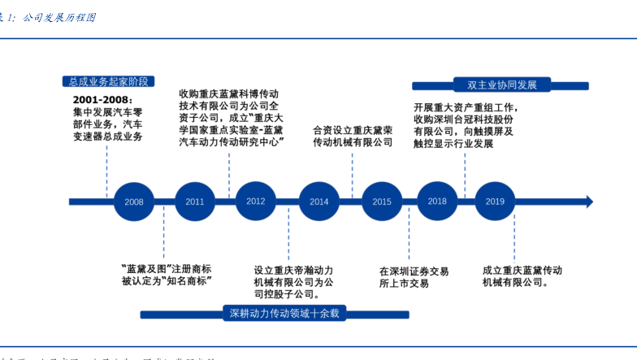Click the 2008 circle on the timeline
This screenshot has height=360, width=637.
tap(134, 202)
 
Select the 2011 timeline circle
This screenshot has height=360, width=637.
tap(195, 202)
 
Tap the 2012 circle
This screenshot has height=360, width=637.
tap(256, 202)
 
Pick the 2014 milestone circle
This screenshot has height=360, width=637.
tap(319, 202)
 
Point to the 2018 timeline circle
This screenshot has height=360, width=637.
tap(437, 202)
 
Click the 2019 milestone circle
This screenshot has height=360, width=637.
tap(495, 202)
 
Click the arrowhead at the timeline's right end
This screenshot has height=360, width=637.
tap(589, 202)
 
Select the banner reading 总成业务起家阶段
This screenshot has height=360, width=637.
tap(108, 81)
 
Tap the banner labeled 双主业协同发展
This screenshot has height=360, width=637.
tap(496, 85)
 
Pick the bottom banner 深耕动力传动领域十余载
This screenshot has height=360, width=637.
tap(284, 313)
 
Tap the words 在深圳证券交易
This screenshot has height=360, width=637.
tap(414, 271)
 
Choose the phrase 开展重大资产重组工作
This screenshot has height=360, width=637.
tap(465, 106)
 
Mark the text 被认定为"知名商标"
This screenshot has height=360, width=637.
tap(167, 280)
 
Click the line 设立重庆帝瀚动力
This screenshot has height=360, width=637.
tap(293, 271)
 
